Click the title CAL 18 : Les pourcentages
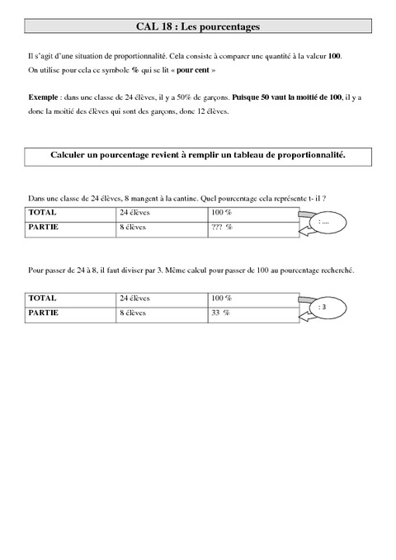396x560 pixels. pos(197,27)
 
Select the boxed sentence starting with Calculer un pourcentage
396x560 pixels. pos(197,155)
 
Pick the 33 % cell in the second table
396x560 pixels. pos(220,313)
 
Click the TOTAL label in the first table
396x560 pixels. pos(42,212)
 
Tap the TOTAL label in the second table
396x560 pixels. pos(42,297)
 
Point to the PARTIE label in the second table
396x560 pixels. pos(43,313)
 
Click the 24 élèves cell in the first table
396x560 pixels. pos(135,213)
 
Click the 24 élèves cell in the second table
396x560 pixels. pos(135,297)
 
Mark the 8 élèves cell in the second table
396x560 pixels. pos(133,313)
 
